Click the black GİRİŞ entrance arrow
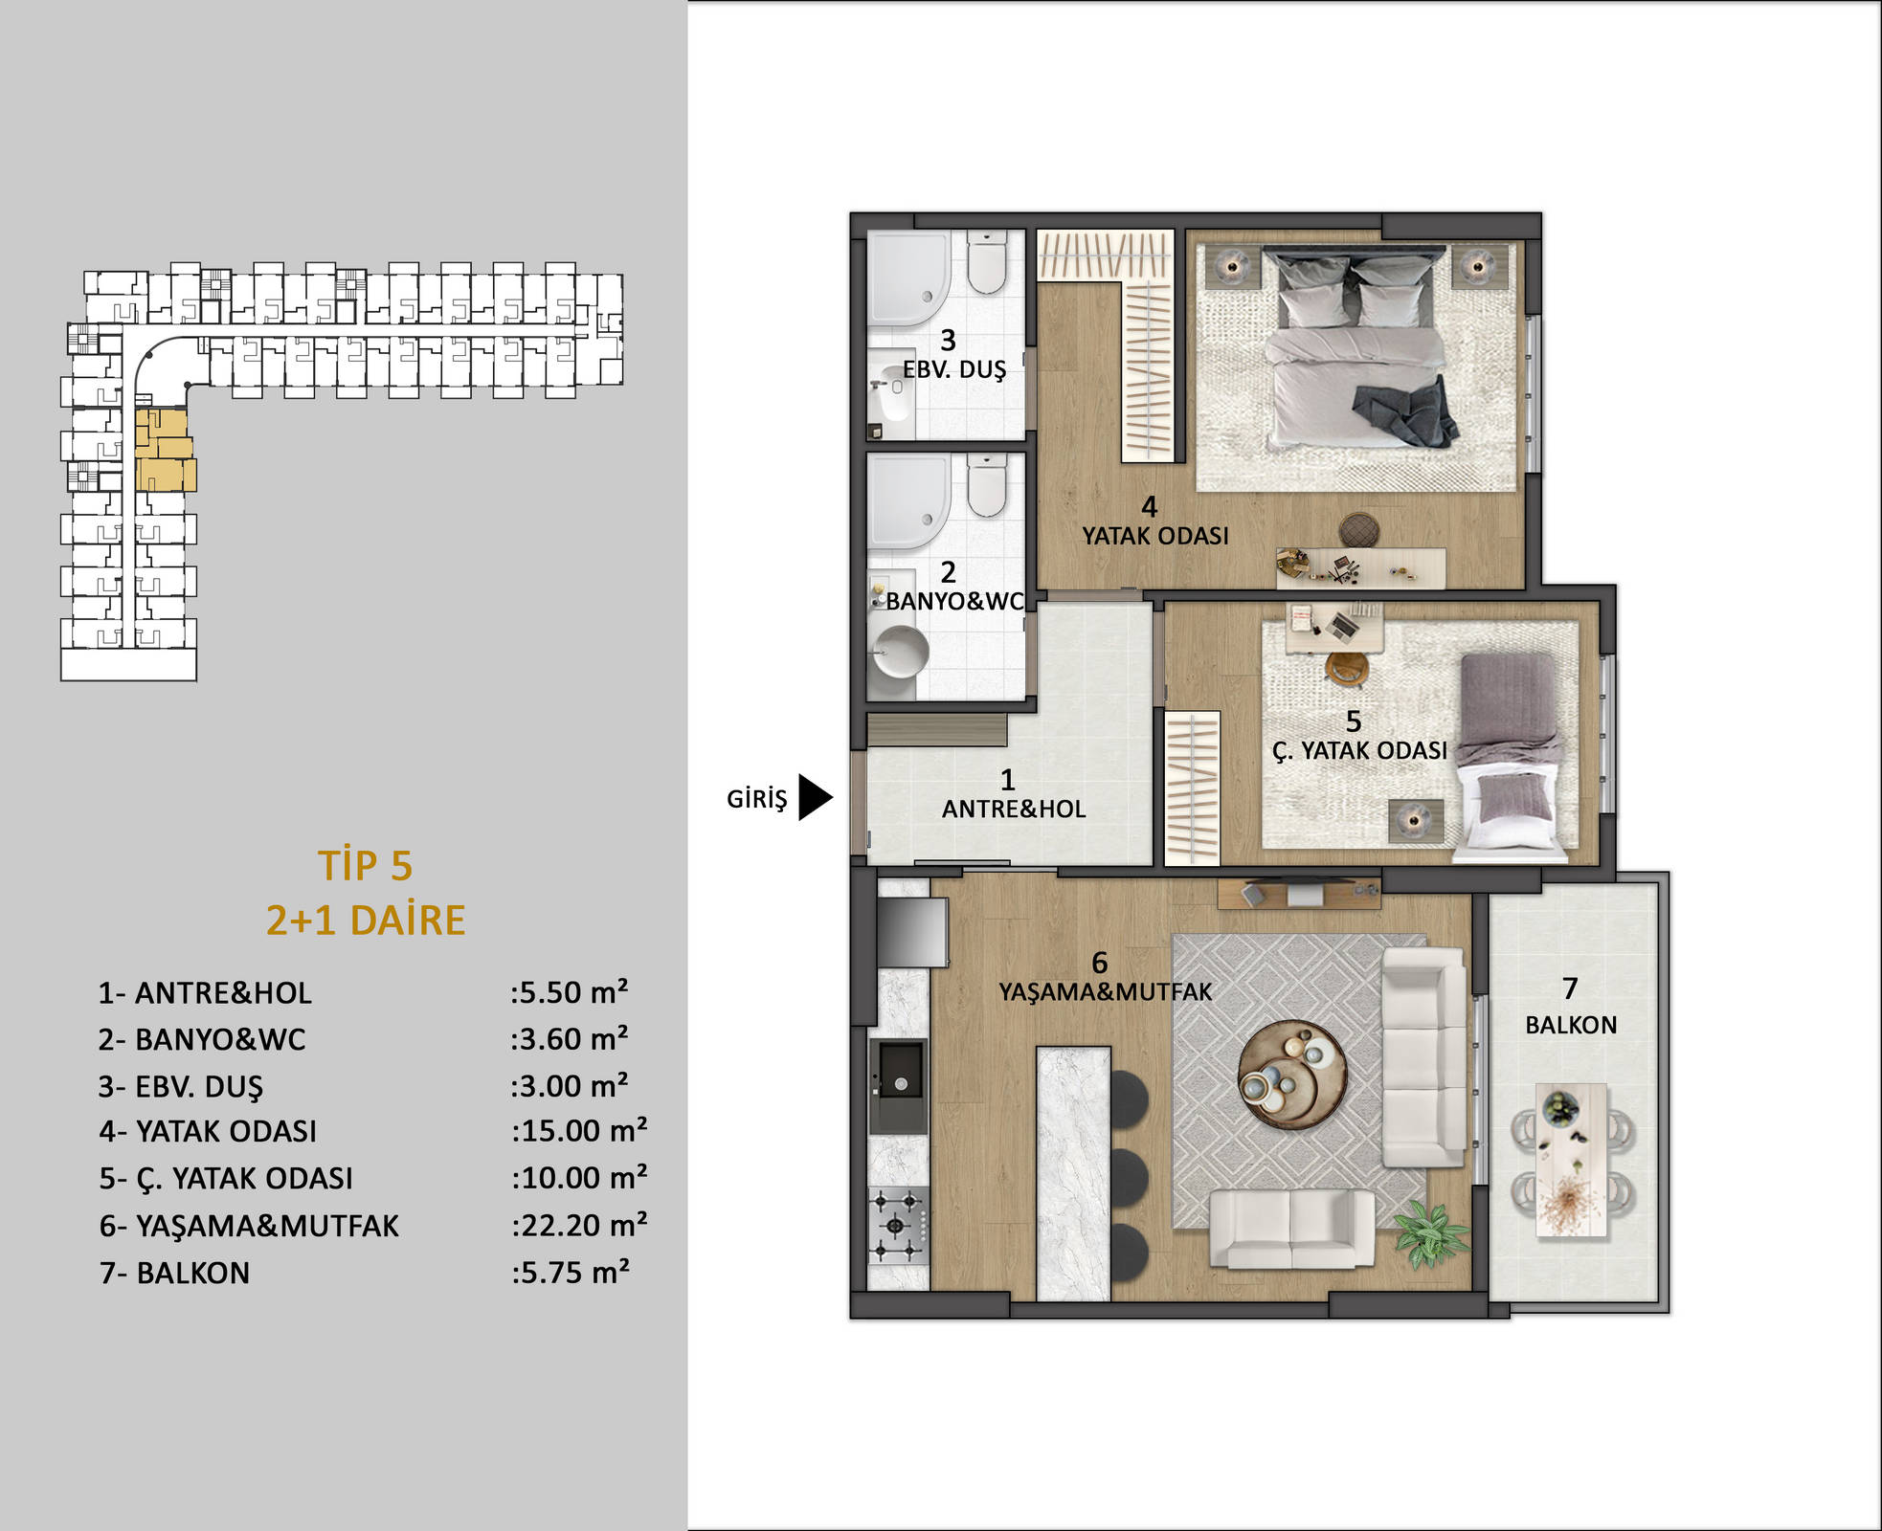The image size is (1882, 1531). tap(815, 797)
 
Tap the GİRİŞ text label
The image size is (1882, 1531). tap(756, 799)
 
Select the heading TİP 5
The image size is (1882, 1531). tap(366, 865)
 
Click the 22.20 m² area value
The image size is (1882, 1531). tap(579, 1225)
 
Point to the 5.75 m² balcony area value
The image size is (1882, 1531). tap(571, 1273)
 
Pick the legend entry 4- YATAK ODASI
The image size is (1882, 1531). tap(208, 1131)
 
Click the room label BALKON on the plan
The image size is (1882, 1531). tap(1571, 1025)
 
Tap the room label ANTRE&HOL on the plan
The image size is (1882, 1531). tap(1014, 810)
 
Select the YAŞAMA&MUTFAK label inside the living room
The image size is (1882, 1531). tap(1106, 992)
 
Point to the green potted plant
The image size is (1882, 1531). tap(1431, 1231)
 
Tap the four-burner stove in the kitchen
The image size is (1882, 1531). tap(898, 1226)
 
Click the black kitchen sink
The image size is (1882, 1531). tap(898, 1087)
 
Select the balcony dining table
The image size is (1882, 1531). tap(1571, 1160)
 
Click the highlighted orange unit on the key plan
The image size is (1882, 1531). tap(165, 450)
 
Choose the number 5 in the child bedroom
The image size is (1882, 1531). tap(1353, 721)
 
